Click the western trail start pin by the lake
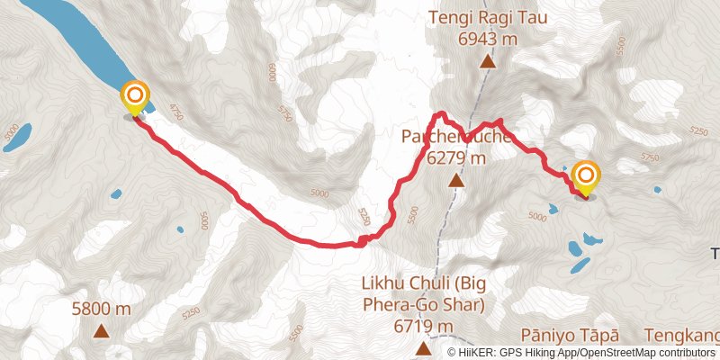tap(134, 95)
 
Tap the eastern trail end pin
tap(586, 175)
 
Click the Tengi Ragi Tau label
tap(488, 18)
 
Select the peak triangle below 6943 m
tap(487, 62)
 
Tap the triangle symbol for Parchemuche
tap(455, 182)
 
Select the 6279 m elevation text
tap(455, 158)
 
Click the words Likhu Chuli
tap(401, 283)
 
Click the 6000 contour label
tap(272, 70)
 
